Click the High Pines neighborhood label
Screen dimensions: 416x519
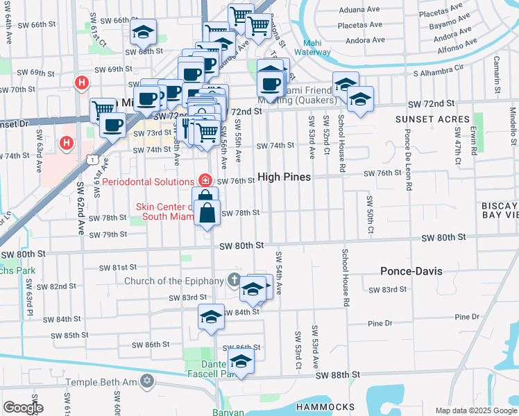284,177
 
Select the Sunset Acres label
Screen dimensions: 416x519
433,119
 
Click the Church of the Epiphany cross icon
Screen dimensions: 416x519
235,281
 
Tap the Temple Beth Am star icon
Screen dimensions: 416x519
146,381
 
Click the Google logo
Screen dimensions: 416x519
23,408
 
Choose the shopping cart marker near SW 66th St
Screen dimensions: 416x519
240,15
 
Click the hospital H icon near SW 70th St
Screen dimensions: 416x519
82,84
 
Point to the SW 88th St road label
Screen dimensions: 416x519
338,374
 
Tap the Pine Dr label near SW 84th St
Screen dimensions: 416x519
380,323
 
